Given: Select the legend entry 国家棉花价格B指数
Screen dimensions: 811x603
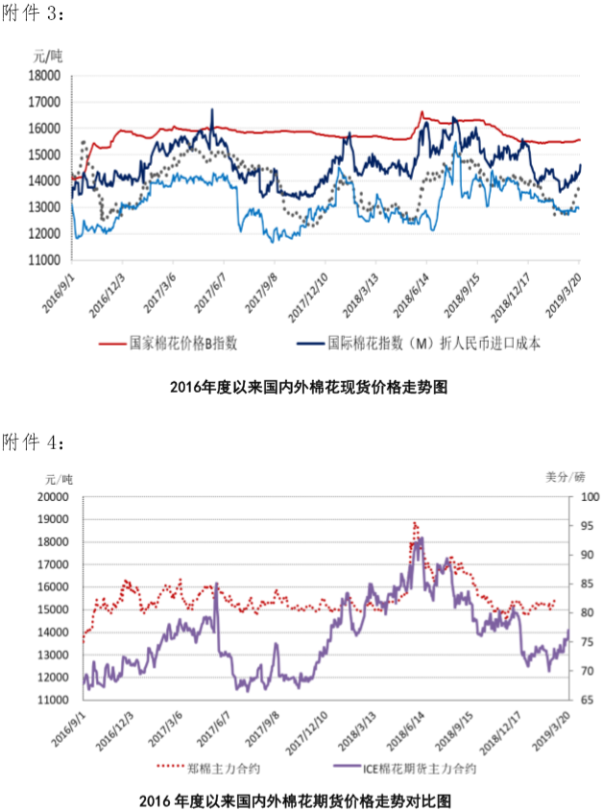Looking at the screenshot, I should [183, 343].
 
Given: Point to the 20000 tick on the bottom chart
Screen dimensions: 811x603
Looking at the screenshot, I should [54, 497].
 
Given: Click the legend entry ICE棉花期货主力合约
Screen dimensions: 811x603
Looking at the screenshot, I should [418, 768].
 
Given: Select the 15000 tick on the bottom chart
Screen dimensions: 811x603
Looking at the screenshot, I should [54, 609].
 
